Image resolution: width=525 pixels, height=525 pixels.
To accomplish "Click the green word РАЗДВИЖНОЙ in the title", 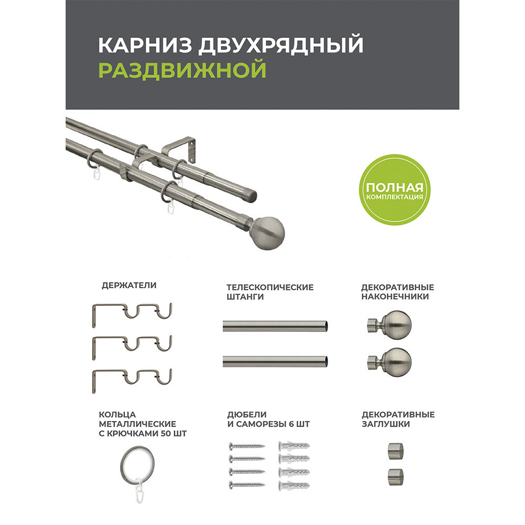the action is (183, 70).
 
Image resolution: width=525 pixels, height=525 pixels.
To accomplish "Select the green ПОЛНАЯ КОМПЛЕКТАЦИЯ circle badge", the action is (394, 190).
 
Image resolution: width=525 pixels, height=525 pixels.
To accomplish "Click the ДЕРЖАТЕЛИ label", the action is (129, 285).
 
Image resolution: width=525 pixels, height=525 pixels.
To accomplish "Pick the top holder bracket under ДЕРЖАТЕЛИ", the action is (132, 314).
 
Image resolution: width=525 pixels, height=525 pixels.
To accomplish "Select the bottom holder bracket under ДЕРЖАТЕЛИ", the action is (132, 380).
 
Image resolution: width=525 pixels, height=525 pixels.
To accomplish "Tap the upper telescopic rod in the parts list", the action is (275, 326).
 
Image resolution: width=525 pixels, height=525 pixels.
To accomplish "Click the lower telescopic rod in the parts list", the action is (275, 361).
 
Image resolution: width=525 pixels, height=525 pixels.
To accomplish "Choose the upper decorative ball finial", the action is (390, 325).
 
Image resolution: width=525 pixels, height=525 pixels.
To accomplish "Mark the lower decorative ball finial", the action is (390, 362).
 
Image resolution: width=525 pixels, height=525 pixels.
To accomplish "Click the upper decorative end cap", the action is (395, 450).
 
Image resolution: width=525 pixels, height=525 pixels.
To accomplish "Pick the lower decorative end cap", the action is (395, 477).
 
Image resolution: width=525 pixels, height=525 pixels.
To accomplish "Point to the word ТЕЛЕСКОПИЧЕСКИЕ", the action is (270, 287).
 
